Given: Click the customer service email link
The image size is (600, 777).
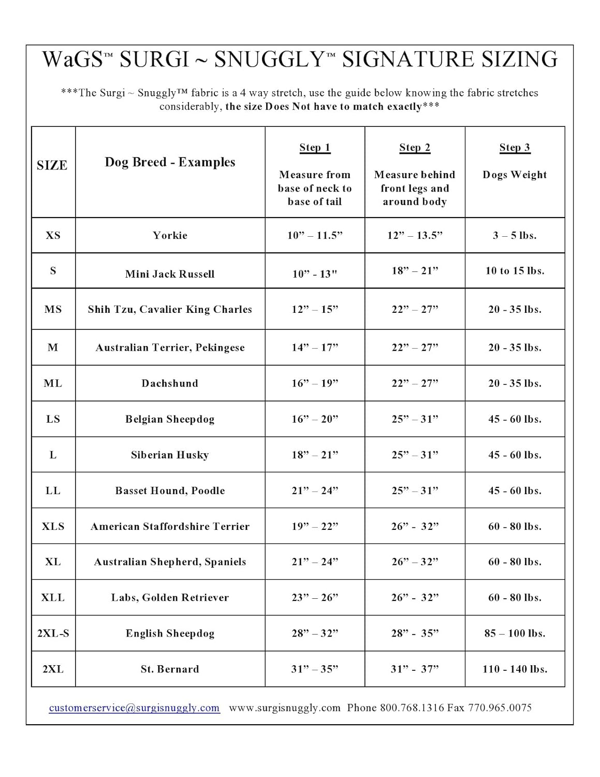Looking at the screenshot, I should [x=134, y=708].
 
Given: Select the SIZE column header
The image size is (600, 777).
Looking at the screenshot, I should [x=52, y=165].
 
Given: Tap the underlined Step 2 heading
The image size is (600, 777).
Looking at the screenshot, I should [x=415, y=148].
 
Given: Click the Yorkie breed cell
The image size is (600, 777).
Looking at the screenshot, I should [x=170, y=235].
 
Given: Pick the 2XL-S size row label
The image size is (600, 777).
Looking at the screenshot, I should [x=53, y=633].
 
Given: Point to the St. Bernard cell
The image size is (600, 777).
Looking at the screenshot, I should [x=170, y=669].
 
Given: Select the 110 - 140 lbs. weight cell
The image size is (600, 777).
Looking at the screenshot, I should [x=515, y=669].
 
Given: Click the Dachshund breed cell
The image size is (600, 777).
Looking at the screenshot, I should [x=170, y=383].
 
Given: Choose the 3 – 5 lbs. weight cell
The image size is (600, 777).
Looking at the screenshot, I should [x=515, y=235].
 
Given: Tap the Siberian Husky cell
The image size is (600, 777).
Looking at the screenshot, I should [x=170, y=455].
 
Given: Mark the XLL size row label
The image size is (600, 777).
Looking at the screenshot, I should [x=53, y=597].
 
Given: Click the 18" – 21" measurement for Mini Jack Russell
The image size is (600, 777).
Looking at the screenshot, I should [x=415, y=270].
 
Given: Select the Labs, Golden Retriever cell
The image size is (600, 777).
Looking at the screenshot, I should [x=170, y=597].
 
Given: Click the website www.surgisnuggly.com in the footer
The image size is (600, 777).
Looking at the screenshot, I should [x=285, y=708].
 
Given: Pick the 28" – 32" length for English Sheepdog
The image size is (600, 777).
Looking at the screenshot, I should [x=315, y=633].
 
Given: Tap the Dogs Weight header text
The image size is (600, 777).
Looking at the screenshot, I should [x=515, y=175].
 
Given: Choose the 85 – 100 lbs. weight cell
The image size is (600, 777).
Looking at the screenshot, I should [x=515, y=633].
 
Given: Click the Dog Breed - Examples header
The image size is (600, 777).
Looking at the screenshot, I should [x=170, y=162].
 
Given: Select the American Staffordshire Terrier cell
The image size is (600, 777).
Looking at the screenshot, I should [x=170, y=526].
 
